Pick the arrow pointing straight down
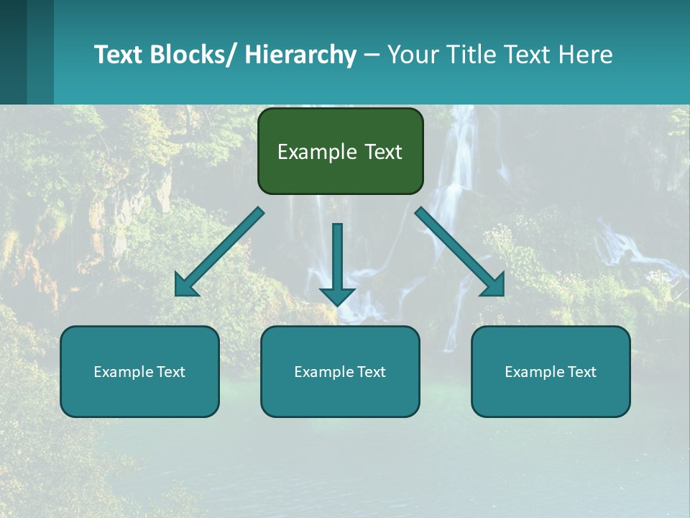tap(337, 263)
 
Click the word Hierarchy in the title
tap(300, 55)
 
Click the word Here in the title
tap(585, 55)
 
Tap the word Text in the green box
tap(382, 152)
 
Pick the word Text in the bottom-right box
tap(582, 372)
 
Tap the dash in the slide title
tap(372, 55)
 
